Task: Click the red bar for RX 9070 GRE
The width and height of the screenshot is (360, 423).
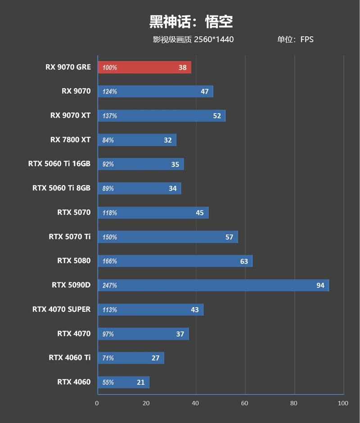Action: pos(144,68)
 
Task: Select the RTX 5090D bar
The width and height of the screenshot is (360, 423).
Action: pos(213,285)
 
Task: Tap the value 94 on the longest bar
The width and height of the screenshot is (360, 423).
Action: pos(320,285)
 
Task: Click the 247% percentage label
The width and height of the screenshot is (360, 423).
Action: pos(110,285)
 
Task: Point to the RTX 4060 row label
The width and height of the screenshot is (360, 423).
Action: pos(74,382)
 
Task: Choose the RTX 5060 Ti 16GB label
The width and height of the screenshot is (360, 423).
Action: pos(59,164)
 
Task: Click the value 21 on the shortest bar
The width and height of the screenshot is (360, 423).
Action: pos(141,382)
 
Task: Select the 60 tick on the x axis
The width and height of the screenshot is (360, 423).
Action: pos(245,403)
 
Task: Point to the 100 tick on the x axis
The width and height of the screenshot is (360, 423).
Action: pos(343,403)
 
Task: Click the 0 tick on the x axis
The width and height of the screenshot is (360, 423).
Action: pos(97,403)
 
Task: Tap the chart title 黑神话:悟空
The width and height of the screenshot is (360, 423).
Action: pos(191,21)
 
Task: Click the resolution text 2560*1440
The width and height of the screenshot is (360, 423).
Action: pos(214,39)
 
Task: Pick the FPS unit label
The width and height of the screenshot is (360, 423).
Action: pos(307,39)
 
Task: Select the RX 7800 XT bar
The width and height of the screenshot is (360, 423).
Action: pos(136,140)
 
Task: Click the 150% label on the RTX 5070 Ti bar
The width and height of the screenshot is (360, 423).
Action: pos(110,237)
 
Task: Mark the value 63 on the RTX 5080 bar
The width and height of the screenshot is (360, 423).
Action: pos(243,261)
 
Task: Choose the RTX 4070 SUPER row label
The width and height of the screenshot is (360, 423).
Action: pos(61,309)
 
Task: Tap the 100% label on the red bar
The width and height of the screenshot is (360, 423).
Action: pos(110,68)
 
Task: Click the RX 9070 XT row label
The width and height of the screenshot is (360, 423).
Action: pos(70,115)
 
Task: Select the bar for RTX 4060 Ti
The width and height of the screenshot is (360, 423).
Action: pos(130,358)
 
